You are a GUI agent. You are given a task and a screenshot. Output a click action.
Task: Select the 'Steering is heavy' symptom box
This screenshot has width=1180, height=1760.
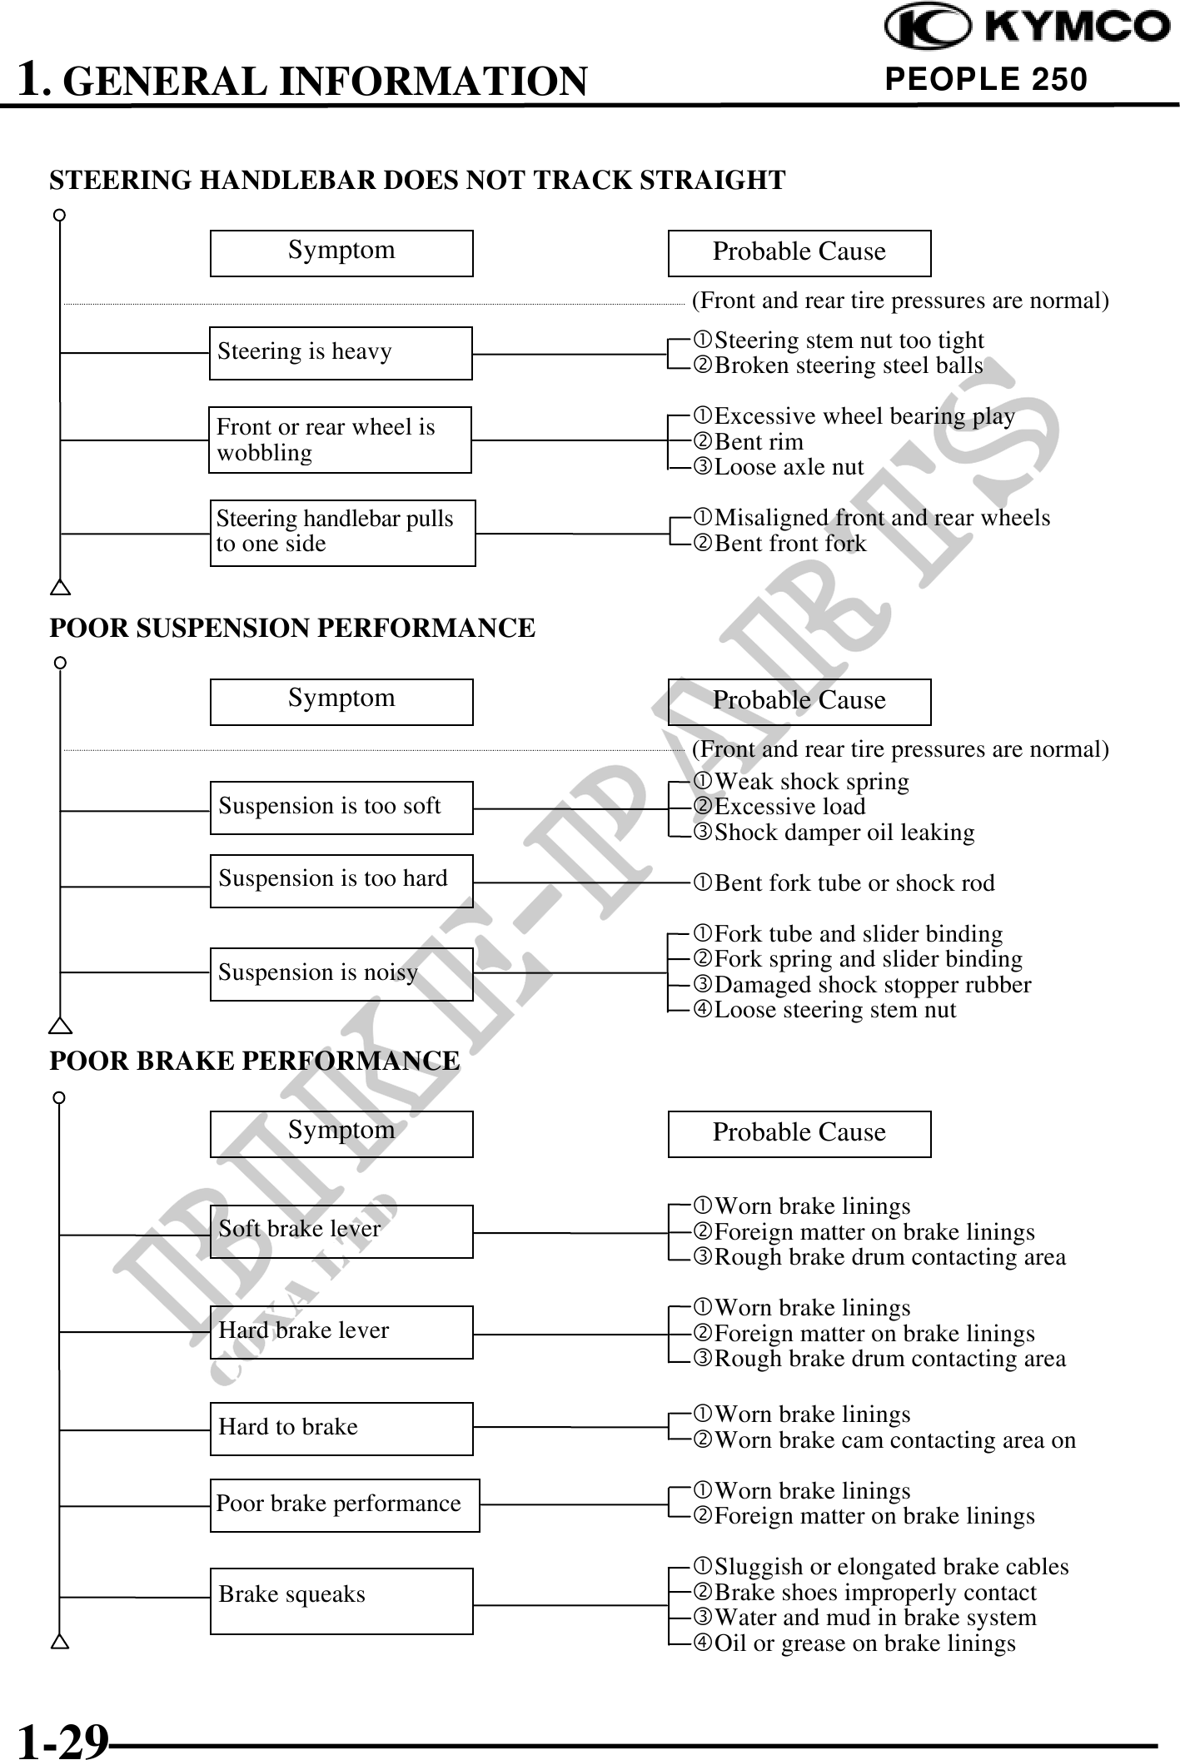pyautogui.click(x=341, y=353)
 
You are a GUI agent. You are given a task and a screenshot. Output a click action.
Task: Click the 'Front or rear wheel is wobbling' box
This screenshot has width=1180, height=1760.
pyautogui.click(x=340, y=440)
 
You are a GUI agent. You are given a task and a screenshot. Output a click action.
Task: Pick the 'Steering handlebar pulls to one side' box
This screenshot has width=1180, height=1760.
pyautogui.click(x=342, y=533)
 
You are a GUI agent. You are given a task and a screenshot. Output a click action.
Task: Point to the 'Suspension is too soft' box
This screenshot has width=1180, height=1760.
pyautogui.click(x=341, y=808)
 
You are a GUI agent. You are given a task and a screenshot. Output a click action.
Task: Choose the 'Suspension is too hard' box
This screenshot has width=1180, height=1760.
pyautogui.click(x=341, y=881)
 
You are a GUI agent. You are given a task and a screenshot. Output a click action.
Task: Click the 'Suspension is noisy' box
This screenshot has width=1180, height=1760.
pyautogui.click(x=341, y=974)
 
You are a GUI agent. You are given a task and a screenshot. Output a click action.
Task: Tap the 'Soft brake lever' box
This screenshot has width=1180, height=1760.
pyautogui.click(x=341, y=1231)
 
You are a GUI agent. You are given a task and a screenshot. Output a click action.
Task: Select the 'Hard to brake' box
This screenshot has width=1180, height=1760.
pyautogui.click(x=341, y=1429)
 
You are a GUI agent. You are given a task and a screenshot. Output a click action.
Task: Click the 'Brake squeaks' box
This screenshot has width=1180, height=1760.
pyautogui.click(x=341, y=1601)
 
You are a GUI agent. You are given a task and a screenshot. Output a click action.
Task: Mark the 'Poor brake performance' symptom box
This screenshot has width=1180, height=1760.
pyautogui.click(x=345, y=1505)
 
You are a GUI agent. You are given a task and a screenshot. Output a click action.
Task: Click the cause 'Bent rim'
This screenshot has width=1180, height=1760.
pyautogui.click(x=759, y=442)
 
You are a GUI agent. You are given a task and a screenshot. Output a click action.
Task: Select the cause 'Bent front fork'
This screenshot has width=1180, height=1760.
pyautogui.click(x=790, y=544)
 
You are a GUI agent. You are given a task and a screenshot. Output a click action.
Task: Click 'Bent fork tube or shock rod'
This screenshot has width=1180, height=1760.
pyautogui.click(x=854, y=883)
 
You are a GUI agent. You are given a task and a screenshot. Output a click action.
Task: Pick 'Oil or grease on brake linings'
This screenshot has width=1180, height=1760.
pyautogui.click(x=864, y=1643)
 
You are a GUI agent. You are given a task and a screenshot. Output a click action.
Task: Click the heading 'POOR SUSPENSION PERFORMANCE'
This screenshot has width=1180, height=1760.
pyautogui.click(x=292, y=628)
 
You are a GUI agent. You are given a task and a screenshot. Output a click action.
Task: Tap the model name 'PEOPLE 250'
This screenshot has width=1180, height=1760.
pyautogui.click(x=986, y=80)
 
